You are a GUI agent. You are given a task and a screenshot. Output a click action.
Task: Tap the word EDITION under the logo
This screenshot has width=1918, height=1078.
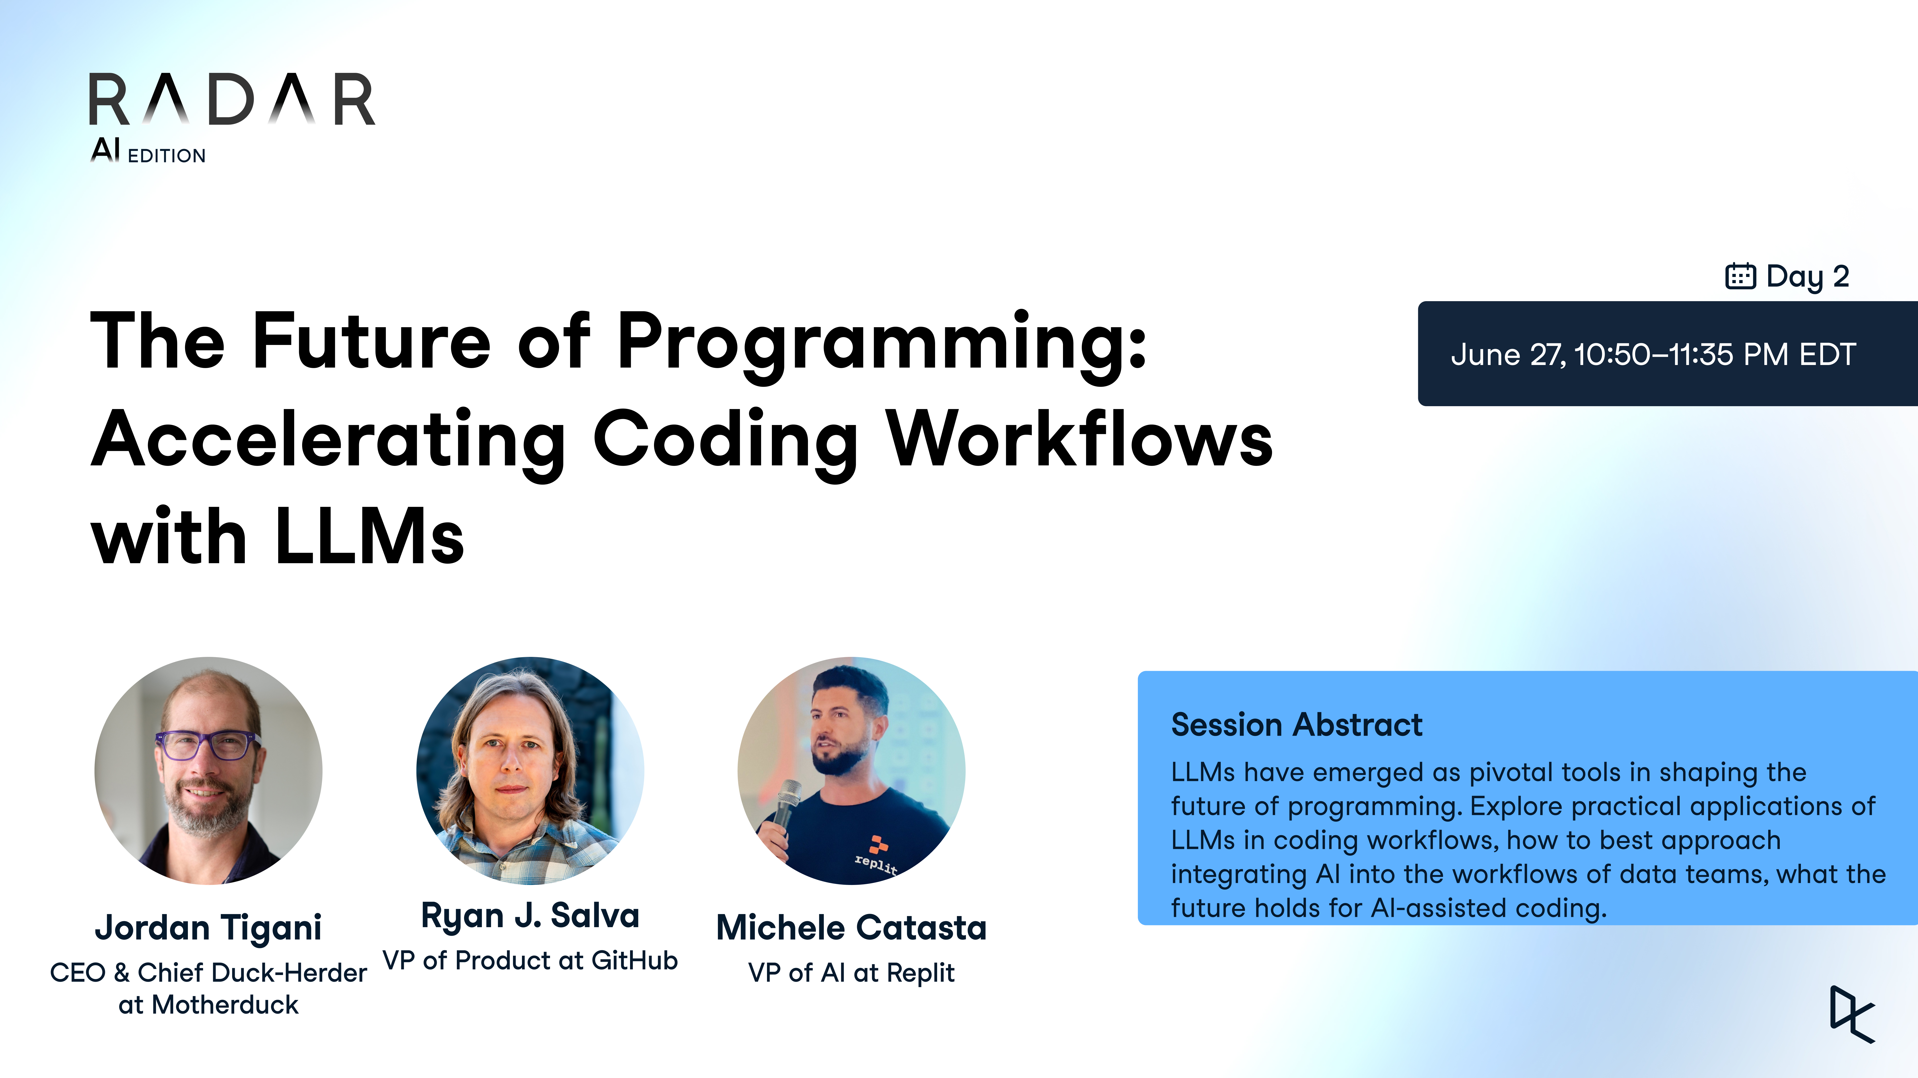click(x=167, y=155)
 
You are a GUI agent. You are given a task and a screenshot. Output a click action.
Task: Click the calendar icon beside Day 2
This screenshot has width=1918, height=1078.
click(x=1740, y=276)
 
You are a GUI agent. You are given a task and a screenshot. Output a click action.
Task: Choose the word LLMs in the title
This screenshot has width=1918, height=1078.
click(x=369, y=536)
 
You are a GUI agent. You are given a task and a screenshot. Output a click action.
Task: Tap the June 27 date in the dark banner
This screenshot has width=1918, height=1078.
click(x=1508, y=354)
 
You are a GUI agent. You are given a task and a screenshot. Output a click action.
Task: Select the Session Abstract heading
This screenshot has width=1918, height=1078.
click(x=1296, y=724)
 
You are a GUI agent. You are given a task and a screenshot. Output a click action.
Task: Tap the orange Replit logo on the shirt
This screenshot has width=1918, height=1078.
click(x=879, y=844)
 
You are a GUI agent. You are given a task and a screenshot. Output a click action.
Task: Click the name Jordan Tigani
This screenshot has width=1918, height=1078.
click(x=208, y=928)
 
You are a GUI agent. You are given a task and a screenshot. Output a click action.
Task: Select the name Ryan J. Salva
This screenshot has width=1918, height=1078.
click(x=530, y=915)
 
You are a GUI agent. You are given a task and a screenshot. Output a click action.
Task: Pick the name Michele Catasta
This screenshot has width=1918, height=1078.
click(x=851, y=928)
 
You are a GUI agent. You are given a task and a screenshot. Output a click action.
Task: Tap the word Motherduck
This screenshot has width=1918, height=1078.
click(x=225, y=1004)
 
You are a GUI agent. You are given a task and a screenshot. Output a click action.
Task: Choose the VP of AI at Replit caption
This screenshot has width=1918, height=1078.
click(x=851, y=972)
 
